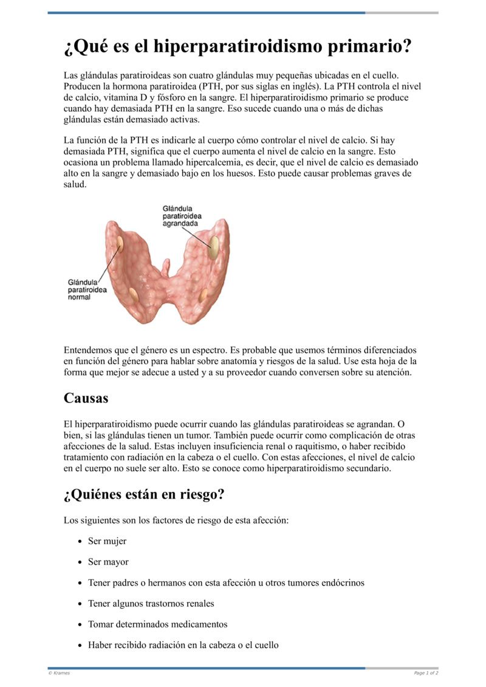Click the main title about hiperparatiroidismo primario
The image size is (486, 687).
click(x=238, y=46)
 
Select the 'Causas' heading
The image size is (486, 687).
click(x=86, y=398)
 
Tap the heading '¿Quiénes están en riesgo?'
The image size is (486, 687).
click(x=144, y=494)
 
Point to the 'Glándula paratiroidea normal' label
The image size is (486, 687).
click(x=87, y=289)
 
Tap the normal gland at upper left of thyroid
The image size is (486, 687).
click(x=120, y=244)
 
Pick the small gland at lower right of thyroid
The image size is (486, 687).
click(x=204, y=296)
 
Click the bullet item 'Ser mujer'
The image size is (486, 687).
click(x=107, y=541)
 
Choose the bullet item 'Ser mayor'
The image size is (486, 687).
click(x=108, y=562)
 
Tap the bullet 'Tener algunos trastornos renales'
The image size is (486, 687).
click(x=151, y=603)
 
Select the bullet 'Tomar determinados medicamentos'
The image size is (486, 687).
click(x=157, y=624)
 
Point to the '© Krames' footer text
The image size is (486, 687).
click(x=59, y=673)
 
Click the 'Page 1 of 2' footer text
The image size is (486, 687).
click(x=426, y=673)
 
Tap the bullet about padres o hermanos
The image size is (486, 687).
click(x=226, y=582)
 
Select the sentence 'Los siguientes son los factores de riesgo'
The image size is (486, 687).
click(x=176, y=520)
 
